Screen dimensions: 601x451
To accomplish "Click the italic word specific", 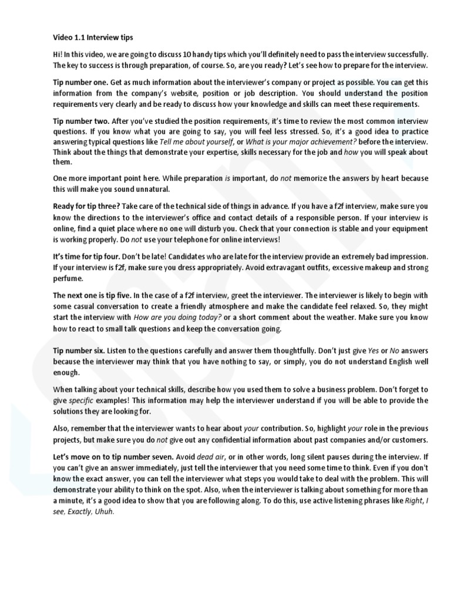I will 81,400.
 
